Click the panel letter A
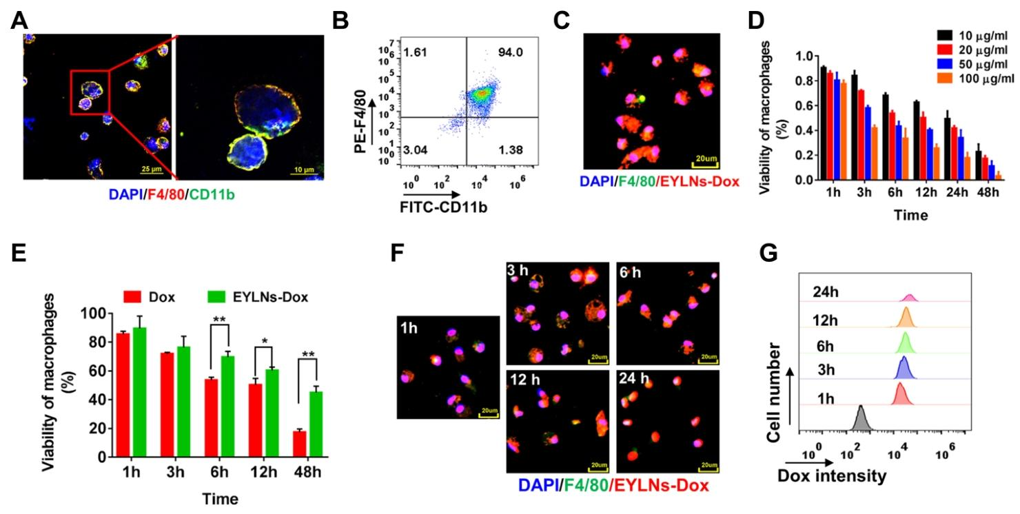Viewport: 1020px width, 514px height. [20, 21]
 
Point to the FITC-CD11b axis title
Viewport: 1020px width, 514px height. [442, 205]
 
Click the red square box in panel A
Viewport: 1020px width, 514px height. [90, 92]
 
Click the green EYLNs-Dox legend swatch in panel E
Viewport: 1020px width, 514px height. [218, 298]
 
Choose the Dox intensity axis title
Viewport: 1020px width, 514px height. [831, 475]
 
